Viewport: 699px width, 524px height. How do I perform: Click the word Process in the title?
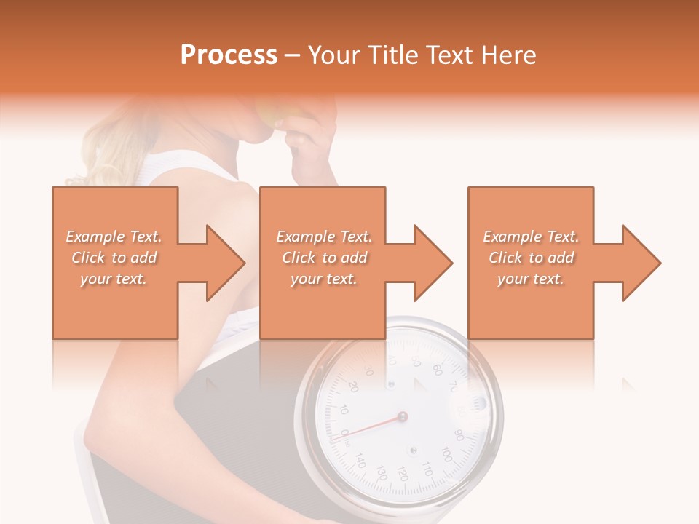pyautogui.click(x=229, y=55)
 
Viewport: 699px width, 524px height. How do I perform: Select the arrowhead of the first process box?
pyautogui.click(x=226, y=263)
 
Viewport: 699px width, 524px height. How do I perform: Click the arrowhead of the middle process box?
pyautogui.click(x=433, y=263)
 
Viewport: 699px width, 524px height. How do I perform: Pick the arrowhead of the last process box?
pyautogui.click(x=641, y=263)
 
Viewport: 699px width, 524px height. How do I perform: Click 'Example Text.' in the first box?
pyautogui.click(x=114, y=237)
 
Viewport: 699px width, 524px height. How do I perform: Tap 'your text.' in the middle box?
pyautogui.click(x=323, y=279)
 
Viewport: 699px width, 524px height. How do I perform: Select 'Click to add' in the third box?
pyautogui.click(x=531, y=258)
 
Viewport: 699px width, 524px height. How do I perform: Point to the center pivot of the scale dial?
pyautogui.click(x=402, y=417)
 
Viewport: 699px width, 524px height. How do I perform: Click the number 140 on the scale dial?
pyautogui.click(x=360, y=460)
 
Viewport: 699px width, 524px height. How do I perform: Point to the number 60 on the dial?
pyautogui.click(x=437, y=369)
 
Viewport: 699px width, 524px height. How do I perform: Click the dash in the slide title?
pyautogui.click(x=293, y=55)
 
